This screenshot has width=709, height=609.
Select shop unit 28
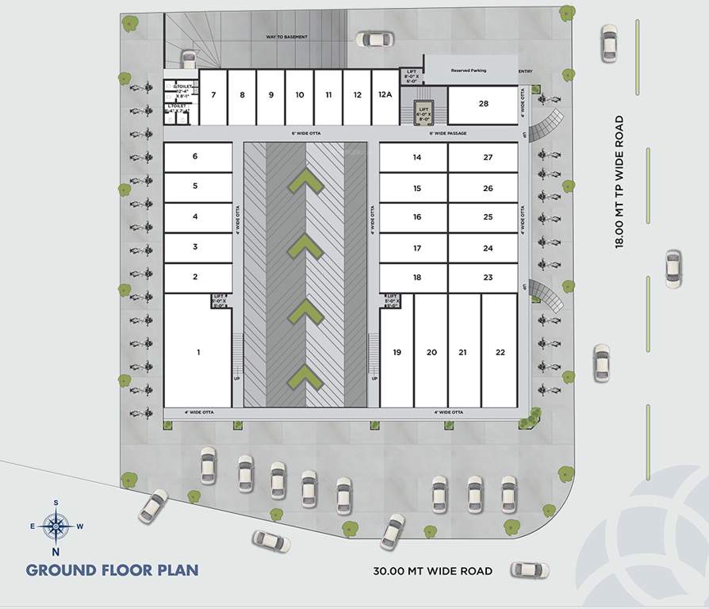(x=483, y=104)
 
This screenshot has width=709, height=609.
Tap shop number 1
(x=198, y=351)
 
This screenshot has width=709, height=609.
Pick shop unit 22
(x=500, y=352)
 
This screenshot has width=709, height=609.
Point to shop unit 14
(x=417, y=157)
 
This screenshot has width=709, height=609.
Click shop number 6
(x=195, y=156)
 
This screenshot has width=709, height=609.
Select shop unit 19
(x=397, y=352)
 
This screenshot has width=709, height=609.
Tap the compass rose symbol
(x=56, y=524)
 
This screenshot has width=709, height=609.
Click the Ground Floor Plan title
(x=112, y=569)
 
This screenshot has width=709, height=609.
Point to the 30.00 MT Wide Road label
(x=432, y=571)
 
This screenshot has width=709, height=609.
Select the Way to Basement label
(x=286, y=37)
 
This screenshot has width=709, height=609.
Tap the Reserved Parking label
(x=469, y=71)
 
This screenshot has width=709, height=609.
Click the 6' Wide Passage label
(x=448, y=133)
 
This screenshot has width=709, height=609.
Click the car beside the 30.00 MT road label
(x=529, y=569)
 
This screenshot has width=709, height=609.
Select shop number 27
(x=488, y=157)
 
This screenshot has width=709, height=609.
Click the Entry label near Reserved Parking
(x=525, y=71)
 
